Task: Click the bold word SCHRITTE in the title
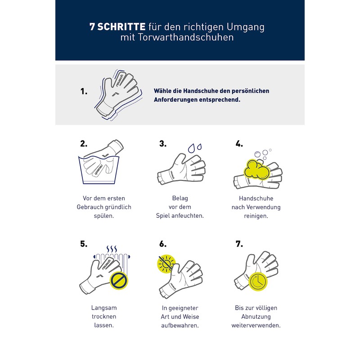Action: click(121, 27)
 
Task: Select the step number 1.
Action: click(84, 91)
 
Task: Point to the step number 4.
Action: click(239, 144)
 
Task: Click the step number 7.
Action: click(239, 243)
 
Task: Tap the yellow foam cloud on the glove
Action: click(256, 170)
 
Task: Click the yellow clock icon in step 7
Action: click(258, 282)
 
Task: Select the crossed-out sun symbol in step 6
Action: click(166, 264)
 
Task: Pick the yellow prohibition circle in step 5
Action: click(119, 280)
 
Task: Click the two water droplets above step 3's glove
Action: click(195, 148)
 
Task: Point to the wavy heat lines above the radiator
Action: click(112, 249)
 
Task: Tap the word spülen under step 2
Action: click(104, 216)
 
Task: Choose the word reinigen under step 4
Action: click(256, 216)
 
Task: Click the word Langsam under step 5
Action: click(104, 308)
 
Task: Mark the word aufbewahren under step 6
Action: click(180, 325)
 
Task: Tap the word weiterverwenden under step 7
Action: click(256, 325)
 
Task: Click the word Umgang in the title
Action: click(245, 27)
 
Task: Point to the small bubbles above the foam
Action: click(263, 154)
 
